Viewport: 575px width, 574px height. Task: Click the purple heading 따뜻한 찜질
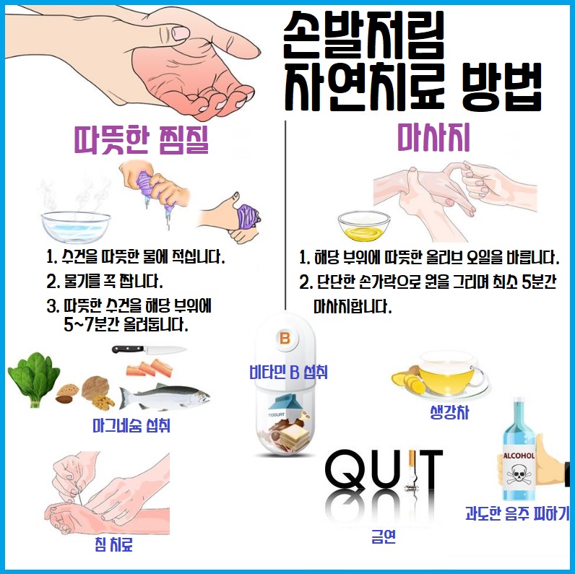142,139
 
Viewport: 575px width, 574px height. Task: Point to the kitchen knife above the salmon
148,350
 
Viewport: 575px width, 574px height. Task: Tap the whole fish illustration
164,396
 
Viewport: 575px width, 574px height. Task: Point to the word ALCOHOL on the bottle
519,456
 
